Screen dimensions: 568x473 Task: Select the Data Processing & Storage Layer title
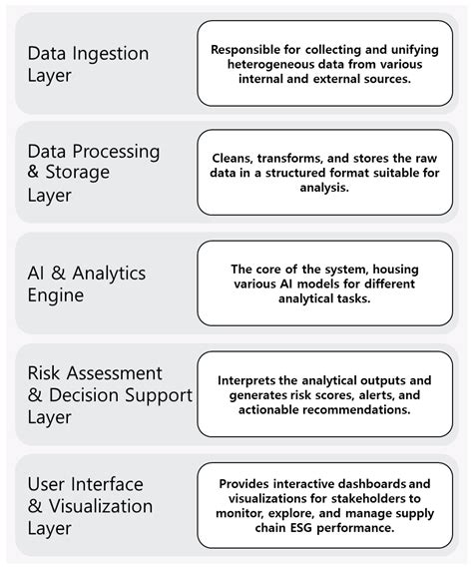click(x=92, y=173)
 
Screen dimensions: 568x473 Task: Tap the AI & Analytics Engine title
click(x=86, y=284)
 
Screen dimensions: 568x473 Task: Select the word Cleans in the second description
click(x=235, y=158)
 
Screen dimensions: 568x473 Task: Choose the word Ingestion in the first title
click(x=113, y=53)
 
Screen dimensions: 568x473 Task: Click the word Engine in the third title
click(x=56, y=295)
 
